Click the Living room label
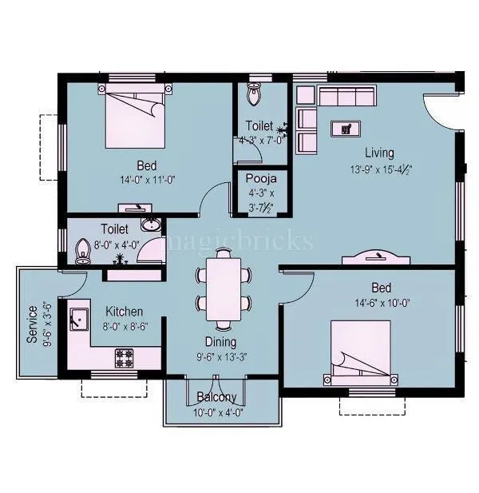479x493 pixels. click(x=380, y=153)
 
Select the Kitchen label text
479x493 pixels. click(x=124, y=311)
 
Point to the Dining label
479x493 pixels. click(x=220, y=341)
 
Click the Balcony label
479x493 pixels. click(x=216, y=397)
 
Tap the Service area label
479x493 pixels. click(x=33, y=324)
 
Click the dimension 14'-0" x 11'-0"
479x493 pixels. click(x=144, y=180)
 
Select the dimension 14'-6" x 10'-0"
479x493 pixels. click(x=380, y=303)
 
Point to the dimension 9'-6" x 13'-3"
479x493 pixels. click(x=221, y=357)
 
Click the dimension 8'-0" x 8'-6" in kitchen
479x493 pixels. click(x=123, y=326)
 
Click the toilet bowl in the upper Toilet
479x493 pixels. click(x=255, y=94)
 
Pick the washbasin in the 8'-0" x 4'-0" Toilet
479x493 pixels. click(x=149, y=224)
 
